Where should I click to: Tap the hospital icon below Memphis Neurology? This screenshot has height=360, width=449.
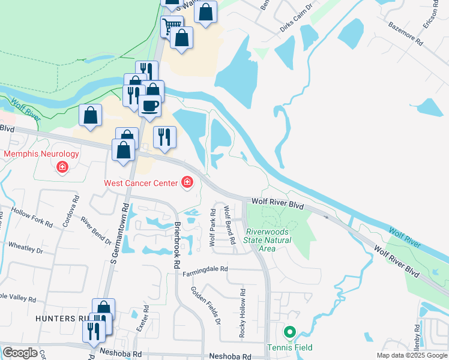click(x=62, y=167)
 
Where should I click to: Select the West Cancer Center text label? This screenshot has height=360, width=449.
click(x=140, y=182)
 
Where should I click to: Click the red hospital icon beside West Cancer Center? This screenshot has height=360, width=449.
click(x=187, y=182)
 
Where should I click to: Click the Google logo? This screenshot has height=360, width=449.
click(x=20, y=353)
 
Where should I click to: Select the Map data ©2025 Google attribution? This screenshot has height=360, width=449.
click(x=412, y=355)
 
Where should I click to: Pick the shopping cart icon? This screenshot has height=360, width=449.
click(x=172, y=26)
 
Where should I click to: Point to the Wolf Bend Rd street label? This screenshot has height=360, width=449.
click(x=229, y=225)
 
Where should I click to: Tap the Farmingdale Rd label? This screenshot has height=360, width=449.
click(x=206, y=269)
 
